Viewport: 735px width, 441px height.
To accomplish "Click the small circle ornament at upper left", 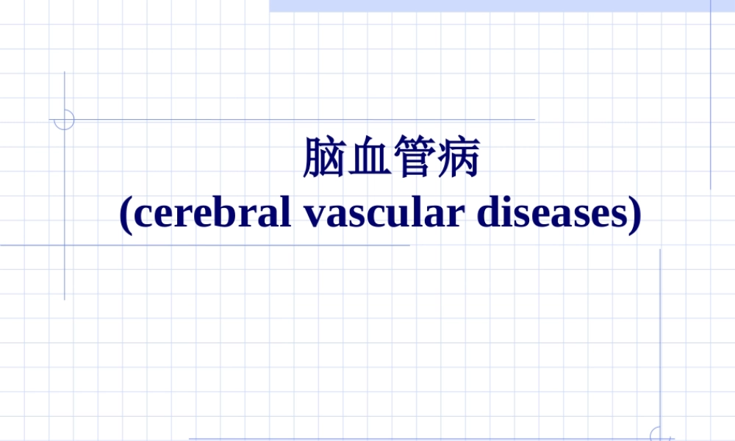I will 65,120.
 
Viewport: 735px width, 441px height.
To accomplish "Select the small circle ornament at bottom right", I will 660,434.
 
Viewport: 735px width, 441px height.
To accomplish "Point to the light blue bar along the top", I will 500,5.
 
